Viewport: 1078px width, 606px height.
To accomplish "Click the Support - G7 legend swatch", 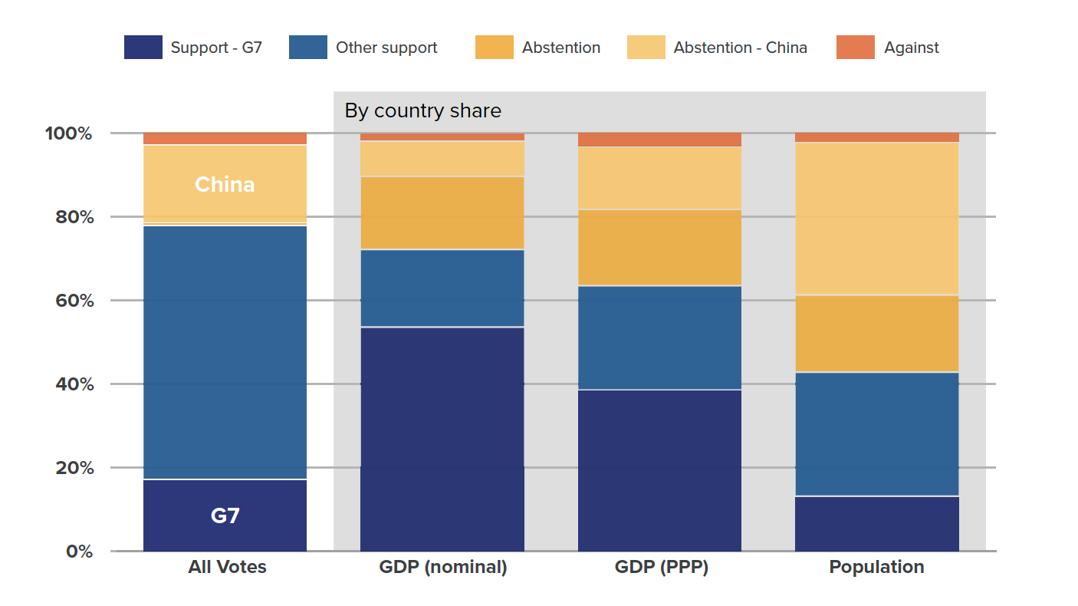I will click(x=143, y=48).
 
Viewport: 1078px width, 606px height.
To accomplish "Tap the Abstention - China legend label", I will click(x=740, y=48).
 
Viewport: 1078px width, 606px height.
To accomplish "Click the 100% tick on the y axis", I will click(x=67, y=133).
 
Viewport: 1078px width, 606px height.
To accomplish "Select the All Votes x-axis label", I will click(x=227, y=568).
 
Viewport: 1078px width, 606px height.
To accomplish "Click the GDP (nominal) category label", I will click(x=442, y=568).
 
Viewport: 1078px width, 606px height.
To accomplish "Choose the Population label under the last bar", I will click(x=876, y=568).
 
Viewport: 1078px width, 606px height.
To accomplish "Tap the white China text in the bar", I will click(x=225, y=185).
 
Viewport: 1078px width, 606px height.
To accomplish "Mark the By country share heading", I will click(x=422, y=111).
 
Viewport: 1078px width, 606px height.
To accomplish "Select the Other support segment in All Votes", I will click(x=225, y=352).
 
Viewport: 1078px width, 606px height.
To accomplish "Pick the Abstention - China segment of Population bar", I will click(x=876, y=219).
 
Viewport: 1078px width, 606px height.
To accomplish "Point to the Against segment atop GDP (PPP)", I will click(x=659, y=140).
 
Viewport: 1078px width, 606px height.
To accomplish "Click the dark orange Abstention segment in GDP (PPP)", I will click(x=659, y=247).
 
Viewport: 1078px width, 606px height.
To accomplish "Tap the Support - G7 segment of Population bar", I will click(x=876, y=524).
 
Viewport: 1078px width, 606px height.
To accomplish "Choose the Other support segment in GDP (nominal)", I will click(x=442, y=288).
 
